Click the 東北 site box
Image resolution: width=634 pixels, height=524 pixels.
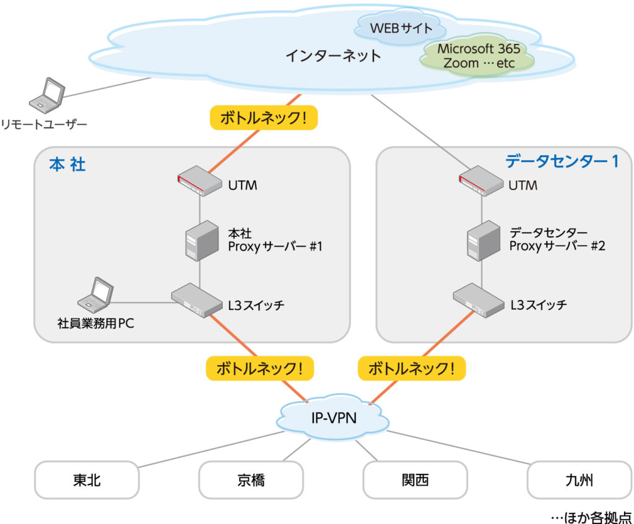[x=87, y=480]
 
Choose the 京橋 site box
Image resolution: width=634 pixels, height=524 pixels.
[x=251, y=480]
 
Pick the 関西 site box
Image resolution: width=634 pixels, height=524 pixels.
[x=415, y=480]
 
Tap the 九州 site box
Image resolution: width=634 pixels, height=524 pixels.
[x=579, y=480]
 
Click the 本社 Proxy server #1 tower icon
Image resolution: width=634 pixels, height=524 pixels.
[x=202, y=241]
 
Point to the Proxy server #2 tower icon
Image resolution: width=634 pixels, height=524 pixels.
[x=484, y=241]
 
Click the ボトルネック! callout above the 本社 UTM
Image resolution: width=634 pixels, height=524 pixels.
[x=264, y=118]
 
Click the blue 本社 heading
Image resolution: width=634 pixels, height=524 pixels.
[x=67, y=165]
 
